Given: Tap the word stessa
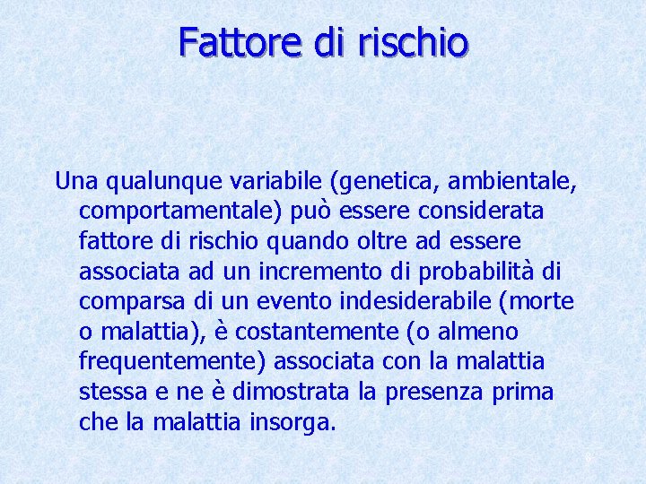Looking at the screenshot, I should pyautogui.click(x=108, y=392).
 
